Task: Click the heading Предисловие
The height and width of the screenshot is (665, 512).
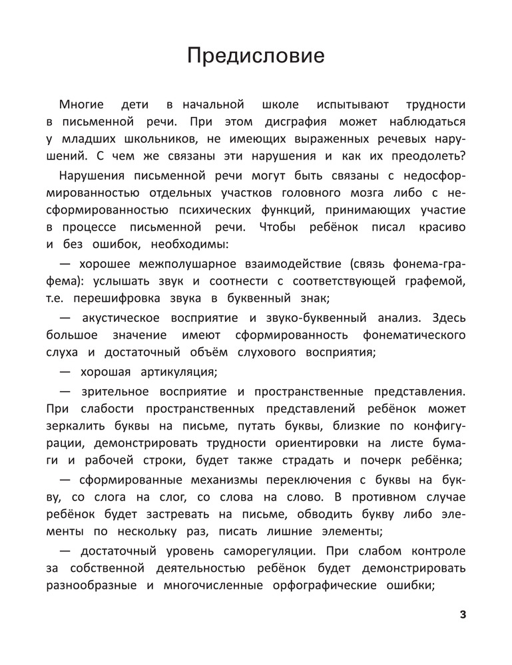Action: click(256, 56)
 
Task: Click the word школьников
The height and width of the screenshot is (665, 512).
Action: click(162, 140)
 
